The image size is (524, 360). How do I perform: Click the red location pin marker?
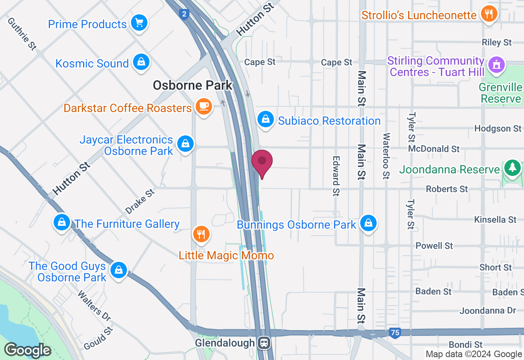(x=262, y=162)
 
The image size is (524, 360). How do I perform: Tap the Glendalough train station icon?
(x=265, y=342)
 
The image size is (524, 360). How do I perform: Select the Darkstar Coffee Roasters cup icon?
(x=203, y=106)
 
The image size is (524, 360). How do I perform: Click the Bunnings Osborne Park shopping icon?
(x=368, y=223)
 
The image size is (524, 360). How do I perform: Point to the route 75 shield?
(x=395, y=333)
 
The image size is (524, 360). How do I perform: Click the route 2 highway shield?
(x=184, y=14)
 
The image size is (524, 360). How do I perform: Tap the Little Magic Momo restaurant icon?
(x=201, y=234)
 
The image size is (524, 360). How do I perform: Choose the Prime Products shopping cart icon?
(x=139, y=22)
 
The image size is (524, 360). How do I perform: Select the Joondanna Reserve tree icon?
(x=512, y=167)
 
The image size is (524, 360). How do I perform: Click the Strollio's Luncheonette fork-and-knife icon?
(x=488, y=14)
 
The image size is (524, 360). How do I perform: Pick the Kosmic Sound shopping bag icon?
(x=141, y=62)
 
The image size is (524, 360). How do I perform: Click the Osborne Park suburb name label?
(x=192, y=85)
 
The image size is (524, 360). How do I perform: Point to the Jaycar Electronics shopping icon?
(x=185, y=144)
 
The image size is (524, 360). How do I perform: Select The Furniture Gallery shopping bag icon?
(x=62, y=222)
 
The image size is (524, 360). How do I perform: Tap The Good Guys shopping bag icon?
(x=118, y=270)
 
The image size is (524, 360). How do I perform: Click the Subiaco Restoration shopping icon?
(x=266, y=119)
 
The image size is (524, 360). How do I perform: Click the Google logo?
(x=27, y=350)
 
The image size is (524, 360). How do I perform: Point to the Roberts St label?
(x=447, y=189)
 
